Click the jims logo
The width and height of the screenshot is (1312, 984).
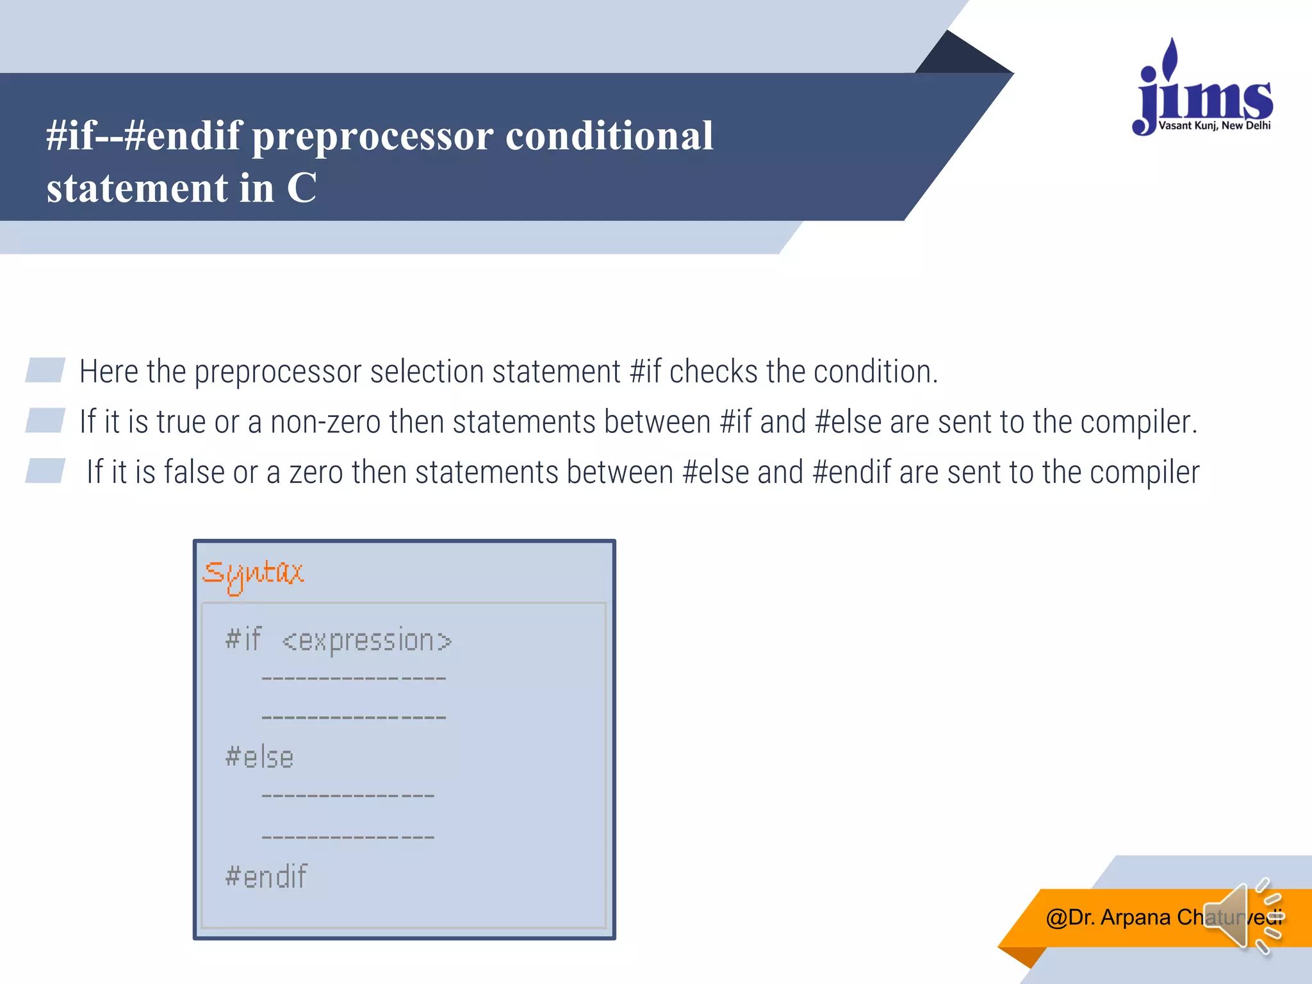(x=1203, y=90)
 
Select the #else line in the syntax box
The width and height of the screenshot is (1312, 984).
(x=259, y=757)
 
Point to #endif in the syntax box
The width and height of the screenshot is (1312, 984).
(x=266, y=876)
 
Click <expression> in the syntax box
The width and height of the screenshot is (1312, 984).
(x=366, y=641)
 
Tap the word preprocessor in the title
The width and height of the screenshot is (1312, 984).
(x=373, y=136)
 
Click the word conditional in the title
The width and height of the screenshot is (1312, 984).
(x=609, y=136)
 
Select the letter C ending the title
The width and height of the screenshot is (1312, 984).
(x=301, y=188)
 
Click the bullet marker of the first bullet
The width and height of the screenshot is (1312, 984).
(x=45, y=370)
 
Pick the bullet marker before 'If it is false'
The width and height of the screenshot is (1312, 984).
(x=45, y=471)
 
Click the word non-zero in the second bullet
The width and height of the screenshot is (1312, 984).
(x=325, y=422)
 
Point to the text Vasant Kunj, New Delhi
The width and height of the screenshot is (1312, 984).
(x=1214, y=126)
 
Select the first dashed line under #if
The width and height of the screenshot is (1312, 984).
(x=354, y=678)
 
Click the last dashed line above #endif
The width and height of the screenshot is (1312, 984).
(x=348, y=837)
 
